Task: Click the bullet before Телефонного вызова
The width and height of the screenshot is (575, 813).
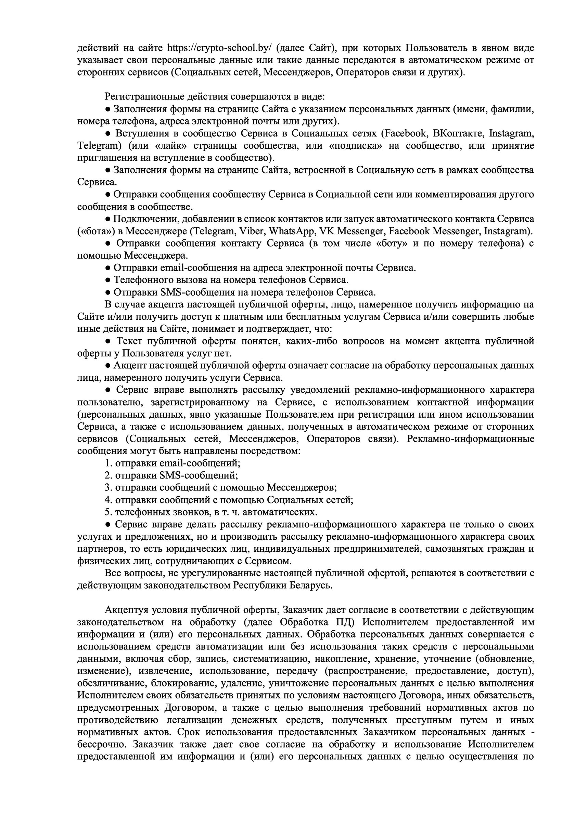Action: [x=108, y=280]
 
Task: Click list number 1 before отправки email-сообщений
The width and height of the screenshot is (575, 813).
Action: [x=108, y=463]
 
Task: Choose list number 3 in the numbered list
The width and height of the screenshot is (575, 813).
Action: [x=108, y=488]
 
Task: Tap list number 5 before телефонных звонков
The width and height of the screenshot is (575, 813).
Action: [x=108, y=512]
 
